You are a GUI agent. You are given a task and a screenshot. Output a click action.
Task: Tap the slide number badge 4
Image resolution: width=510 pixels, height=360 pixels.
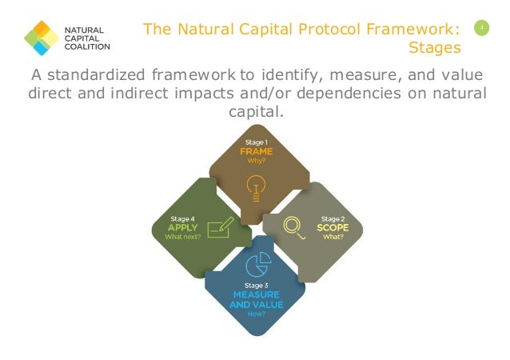481,29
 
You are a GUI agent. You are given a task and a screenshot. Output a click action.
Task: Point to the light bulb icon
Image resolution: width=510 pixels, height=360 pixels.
255,186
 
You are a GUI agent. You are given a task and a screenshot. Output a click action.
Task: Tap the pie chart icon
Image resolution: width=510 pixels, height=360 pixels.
256,263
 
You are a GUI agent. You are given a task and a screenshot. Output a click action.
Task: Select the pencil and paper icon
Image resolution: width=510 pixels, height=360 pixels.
219,228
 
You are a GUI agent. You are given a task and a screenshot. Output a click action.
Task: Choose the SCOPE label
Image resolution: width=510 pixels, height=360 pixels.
333,226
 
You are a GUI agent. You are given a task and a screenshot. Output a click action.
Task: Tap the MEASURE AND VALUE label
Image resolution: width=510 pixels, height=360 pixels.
255,299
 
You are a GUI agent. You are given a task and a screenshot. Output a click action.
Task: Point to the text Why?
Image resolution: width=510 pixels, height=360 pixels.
256,160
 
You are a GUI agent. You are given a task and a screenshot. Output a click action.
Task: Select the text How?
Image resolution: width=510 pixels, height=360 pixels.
256,314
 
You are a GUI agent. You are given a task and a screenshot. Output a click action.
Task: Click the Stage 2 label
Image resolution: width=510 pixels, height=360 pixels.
333,217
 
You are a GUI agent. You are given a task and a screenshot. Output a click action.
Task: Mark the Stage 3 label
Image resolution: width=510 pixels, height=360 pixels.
256,284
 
